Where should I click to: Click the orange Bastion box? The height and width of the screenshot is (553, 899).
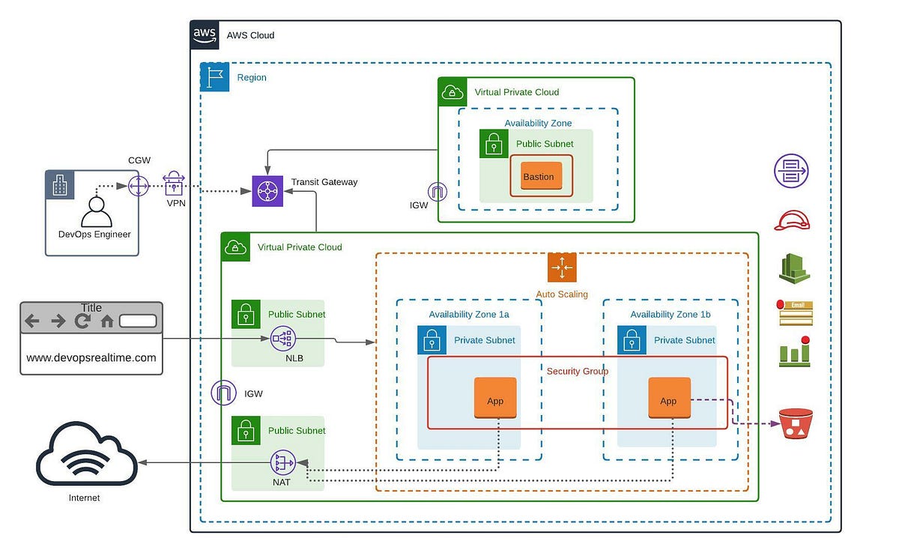tap(539, 177)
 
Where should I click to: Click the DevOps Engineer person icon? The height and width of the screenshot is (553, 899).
tap(96, 211)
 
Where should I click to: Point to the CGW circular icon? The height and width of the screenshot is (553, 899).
tap(139, 185)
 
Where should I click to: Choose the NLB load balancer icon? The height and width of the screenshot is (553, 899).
tap(283, 339)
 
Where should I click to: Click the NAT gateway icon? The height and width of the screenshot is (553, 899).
tap(283, 463)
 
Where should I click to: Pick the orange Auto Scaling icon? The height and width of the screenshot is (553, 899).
tap(561, 268)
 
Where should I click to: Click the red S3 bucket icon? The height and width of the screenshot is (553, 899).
tap(796, 423)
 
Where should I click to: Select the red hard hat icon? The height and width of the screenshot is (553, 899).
tap(792, 220)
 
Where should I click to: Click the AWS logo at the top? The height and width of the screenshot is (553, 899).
tap(205, 34)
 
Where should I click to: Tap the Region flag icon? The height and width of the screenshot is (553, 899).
tap(215, 77)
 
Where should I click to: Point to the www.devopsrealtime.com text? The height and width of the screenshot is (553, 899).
tap(91, 357)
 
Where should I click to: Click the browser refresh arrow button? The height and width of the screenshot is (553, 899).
tap(81, 321)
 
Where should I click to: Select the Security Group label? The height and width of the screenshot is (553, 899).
tap(578, 371)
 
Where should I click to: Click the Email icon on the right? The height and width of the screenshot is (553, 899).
tap(796, 312)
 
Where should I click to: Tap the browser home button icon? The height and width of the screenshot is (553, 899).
tap(106, 321)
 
